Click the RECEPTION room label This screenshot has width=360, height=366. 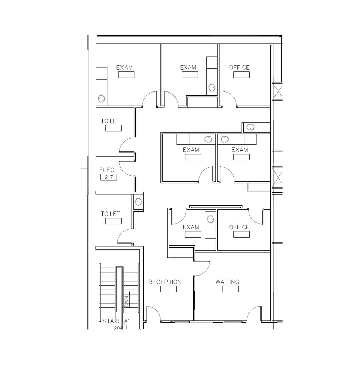pos(165,282)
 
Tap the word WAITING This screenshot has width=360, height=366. pos(227,282)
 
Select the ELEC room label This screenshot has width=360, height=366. pos(107,170)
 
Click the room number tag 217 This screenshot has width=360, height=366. pos(109,177)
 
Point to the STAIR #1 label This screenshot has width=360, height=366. pos(116,321)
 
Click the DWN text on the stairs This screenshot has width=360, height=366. pos(127,302)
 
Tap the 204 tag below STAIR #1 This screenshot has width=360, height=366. pos(118,327)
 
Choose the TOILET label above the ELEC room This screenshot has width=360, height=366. pos(111,121)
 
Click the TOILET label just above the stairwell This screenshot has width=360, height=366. pos(111,214)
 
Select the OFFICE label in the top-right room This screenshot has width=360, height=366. pos(239,68)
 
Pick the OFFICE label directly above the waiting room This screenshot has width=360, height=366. pos(239,227)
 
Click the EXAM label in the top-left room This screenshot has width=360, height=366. pos(125,68)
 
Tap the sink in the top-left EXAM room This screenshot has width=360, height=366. pos(101,99)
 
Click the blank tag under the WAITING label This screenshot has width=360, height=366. pos(230,289)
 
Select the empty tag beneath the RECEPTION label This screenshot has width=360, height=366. pos(169,289)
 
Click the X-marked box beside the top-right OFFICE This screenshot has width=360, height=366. pos(278,91)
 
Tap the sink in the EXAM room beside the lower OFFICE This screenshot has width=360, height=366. pos(210,219)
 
